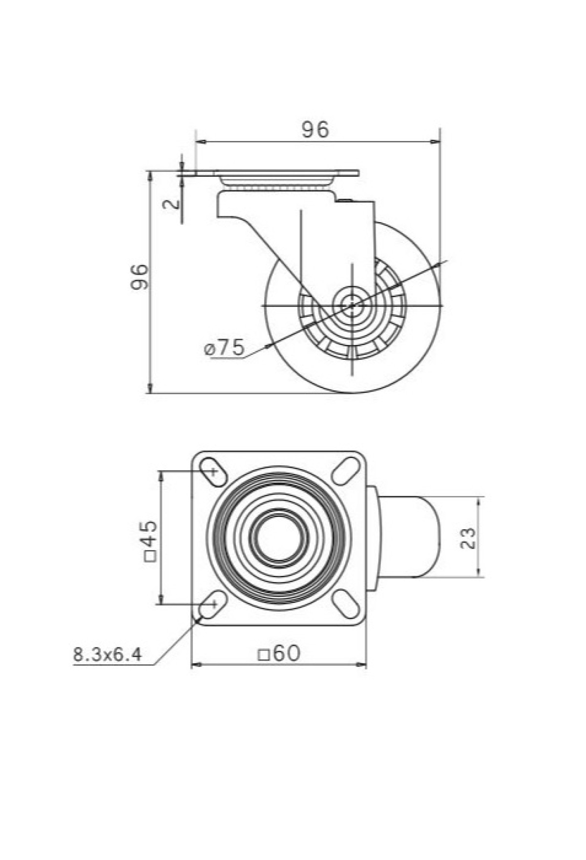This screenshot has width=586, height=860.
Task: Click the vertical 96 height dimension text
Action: (140, 277)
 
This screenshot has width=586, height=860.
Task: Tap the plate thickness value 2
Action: (170, 204)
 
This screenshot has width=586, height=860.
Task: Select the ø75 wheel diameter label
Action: (224, 348)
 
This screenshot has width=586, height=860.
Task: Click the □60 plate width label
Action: (279, 653)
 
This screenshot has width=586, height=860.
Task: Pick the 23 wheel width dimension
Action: (468, 538)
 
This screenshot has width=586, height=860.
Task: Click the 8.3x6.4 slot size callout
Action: (108, 654)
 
